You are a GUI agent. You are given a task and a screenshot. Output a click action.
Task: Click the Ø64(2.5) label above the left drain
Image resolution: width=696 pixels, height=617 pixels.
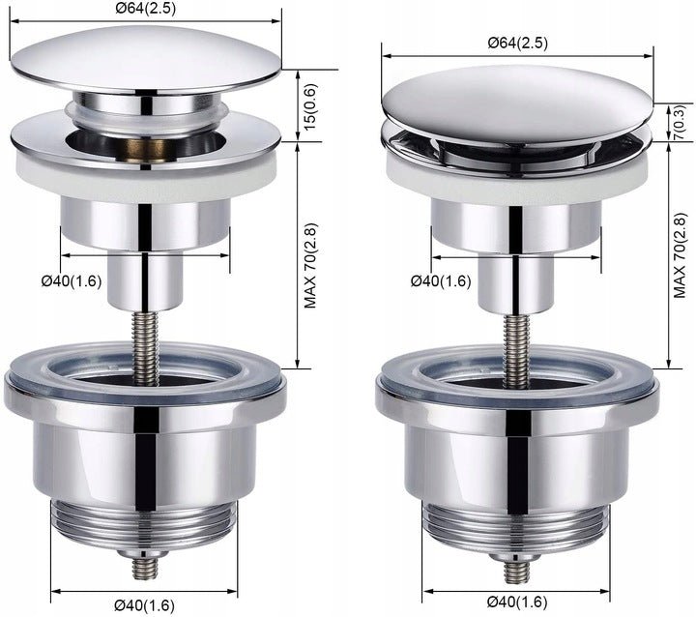point(146,9)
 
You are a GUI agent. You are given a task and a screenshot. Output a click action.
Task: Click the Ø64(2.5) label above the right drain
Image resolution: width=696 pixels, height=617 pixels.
point(517,44)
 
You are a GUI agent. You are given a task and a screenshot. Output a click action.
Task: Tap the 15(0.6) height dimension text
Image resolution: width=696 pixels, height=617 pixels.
point(311,106)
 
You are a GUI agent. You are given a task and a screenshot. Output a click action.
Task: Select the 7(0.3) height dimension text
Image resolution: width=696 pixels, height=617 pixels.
point(680,123)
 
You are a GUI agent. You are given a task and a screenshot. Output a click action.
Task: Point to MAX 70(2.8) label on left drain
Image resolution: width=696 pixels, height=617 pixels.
point(311,266)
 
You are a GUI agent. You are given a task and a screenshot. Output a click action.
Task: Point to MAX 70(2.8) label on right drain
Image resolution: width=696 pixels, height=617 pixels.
point(680,255)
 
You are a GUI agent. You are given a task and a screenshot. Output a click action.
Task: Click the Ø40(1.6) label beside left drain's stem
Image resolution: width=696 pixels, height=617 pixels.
point(72,281)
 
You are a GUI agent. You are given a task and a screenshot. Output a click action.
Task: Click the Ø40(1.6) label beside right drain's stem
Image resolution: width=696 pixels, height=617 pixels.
point(441,281)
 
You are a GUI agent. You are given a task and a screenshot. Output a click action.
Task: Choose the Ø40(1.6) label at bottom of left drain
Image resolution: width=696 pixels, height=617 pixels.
point(144,605)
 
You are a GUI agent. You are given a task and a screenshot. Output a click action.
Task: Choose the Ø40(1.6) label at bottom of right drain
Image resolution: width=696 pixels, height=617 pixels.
point(517,602)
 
